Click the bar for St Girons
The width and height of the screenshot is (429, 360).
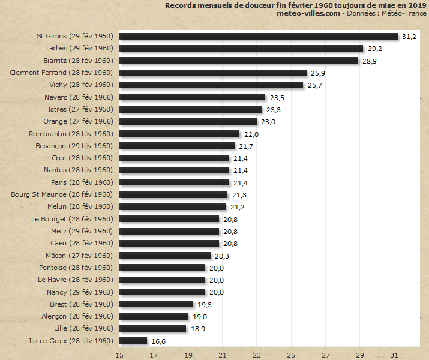(x=259, y=37)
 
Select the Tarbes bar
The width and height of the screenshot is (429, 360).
(x=241, y=49)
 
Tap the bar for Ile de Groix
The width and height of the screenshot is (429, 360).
(x=133, y=341)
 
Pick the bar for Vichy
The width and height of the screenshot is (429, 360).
(x=211, y=85)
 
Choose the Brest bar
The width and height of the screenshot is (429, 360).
(x=156, y=304)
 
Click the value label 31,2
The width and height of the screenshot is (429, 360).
(x=409, y=37)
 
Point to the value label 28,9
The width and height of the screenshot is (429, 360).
(x=370, y=61)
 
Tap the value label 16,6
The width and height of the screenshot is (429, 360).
(x=158, y=341)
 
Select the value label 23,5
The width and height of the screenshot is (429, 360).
(x=277, y=98)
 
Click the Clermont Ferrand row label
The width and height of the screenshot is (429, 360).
(x=62, y=73)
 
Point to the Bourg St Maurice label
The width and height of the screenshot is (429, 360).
(x=62, y=194)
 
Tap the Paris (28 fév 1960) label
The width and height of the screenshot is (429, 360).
(x=82, y=182)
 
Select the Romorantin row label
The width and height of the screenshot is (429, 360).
(x=71, y=134)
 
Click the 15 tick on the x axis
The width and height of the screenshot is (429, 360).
(x=120, y=355)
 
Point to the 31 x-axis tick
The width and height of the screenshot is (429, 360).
(x=394, y=355)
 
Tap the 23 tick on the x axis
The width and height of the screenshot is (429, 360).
(x=257, y=355)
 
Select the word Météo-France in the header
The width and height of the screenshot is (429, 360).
(x=405, y=13)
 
